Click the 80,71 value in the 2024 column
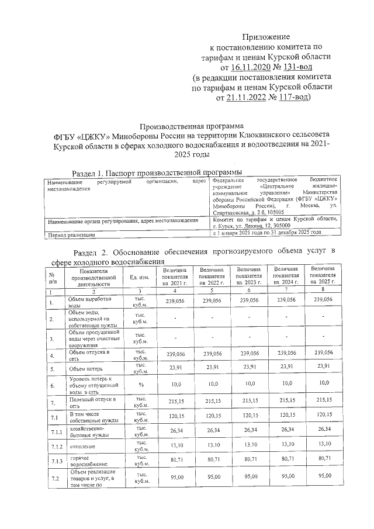(287, 460)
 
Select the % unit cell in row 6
(140, 385)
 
